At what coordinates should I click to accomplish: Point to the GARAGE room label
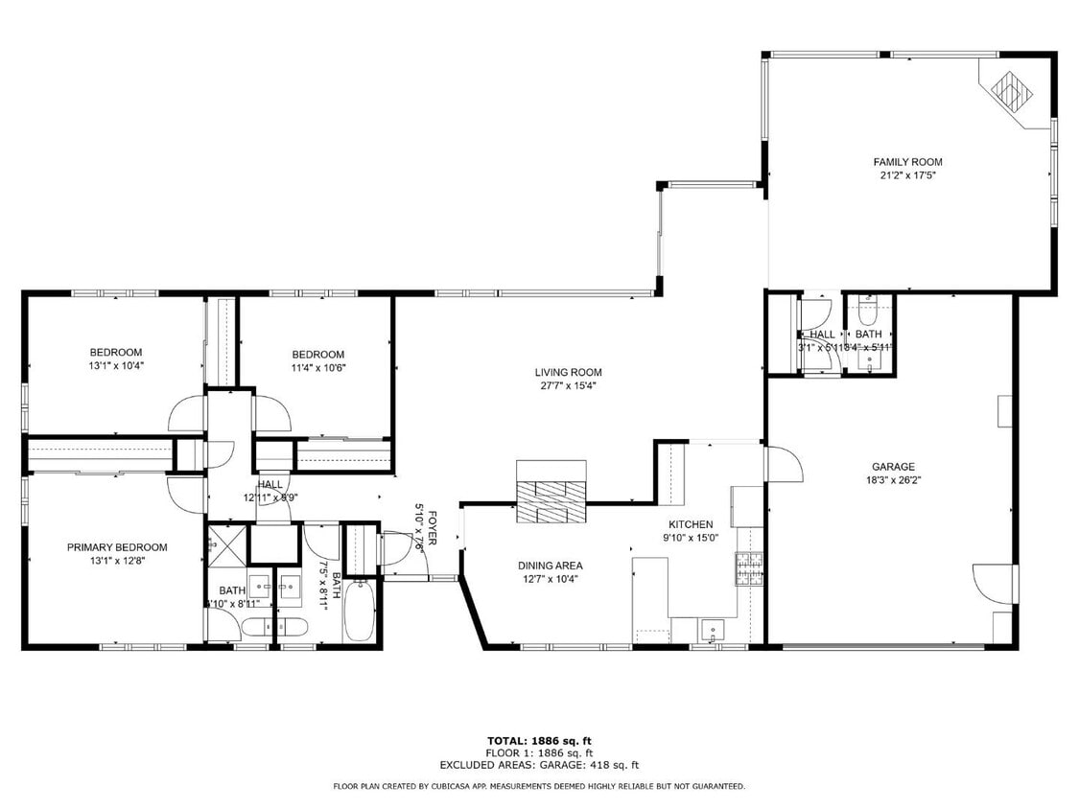pyautogui.click(x=892, y=467)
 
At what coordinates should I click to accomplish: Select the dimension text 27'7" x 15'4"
pyautogui.click(x=568, y=386)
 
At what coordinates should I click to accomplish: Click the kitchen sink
pyautogui.click(x=712, y=630)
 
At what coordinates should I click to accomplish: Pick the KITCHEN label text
pyautogui.click(x=690, y=524)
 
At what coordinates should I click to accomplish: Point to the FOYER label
pyautogui.click(x=433, y=527)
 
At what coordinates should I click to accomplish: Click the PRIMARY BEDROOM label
pyautogui.click(x=117, y=547)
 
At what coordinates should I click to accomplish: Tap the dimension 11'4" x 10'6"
pyautogui.click(x=317, y=367)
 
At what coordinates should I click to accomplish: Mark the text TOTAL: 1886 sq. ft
pyautogui.click(x=539, y=741)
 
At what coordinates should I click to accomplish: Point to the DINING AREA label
pyautogui.click(x=550, y=566)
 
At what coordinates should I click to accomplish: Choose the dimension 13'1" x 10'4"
pyautogui.click(x=116, y=365)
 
